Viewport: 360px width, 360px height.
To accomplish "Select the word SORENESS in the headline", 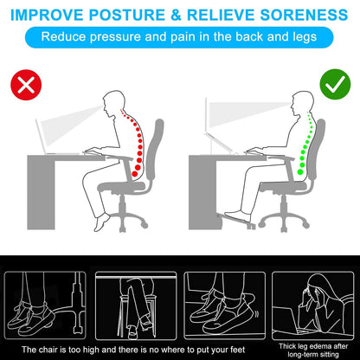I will click(x=302, y=15).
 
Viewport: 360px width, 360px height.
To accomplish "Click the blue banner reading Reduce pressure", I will click(x=179, y=38).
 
